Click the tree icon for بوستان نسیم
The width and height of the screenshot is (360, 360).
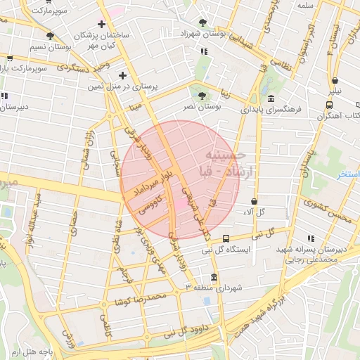click(50, 36)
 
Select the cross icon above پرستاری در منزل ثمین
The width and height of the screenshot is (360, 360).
click(123, 75)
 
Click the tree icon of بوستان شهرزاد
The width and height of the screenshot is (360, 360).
click(203, 22)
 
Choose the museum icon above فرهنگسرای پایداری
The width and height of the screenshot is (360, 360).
click(271, 98)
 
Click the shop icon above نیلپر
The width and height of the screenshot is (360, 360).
click(335, 80)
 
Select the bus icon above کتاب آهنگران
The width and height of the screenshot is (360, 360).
click(329, 105)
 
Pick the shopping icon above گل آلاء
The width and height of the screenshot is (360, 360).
click(253, 201)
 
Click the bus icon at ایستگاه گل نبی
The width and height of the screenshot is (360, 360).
click(226, 238)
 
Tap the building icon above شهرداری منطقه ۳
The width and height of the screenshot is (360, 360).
click(214, 276)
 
